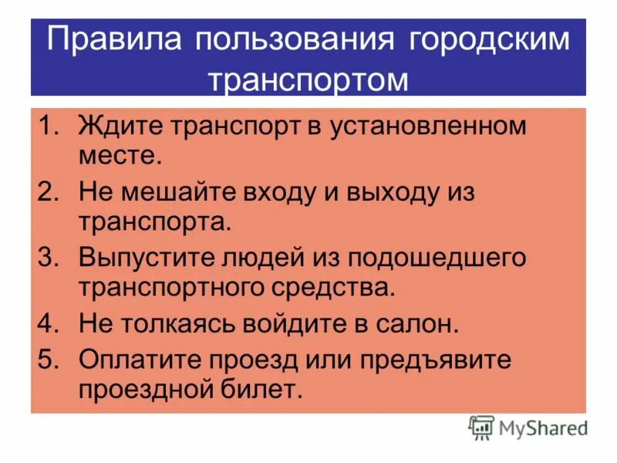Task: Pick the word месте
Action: pos(120,157)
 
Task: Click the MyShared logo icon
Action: pos(481,428)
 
